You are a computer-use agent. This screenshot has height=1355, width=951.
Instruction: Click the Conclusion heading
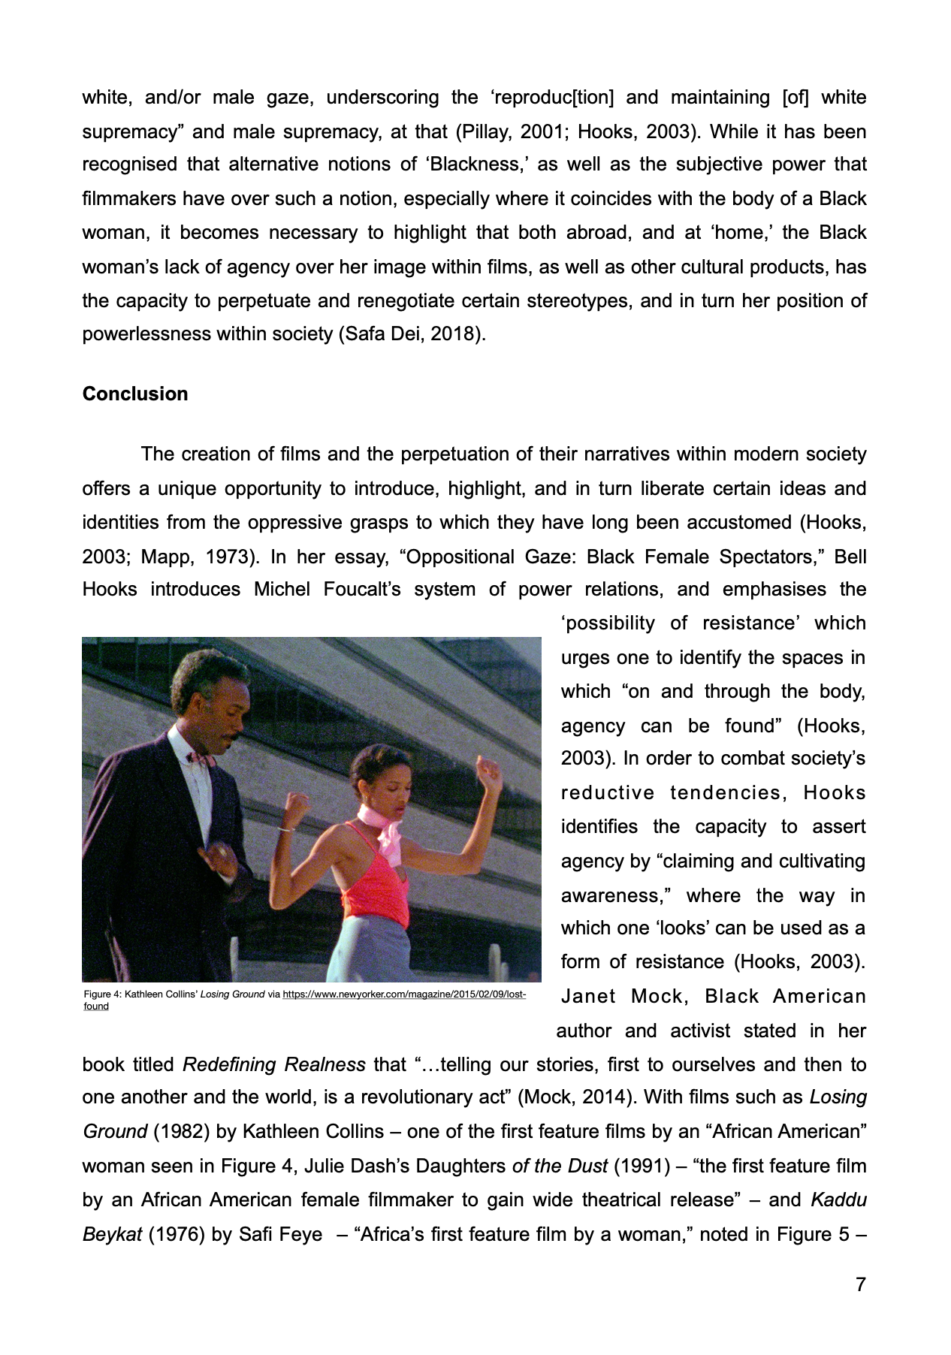pyautogui.click(x=135, y=394)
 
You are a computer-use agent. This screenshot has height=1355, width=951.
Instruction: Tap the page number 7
pyautogui.click(x=860, y=1285)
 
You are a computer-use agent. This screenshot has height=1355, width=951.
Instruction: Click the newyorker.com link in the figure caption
pyautogui.click(x=403, y=994)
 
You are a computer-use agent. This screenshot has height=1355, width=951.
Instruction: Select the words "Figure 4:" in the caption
pyautogui.click(x=102, y=994)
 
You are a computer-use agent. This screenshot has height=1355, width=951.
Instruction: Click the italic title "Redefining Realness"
pyautogui.click(x=274, y=1065)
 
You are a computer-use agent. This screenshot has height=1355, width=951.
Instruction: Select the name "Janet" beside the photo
pyautogui.click(x=588, y=997)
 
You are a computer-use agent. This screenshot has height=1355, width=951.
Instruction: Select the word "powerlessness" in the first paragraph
pyautogui.click(x=146, y=334)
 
